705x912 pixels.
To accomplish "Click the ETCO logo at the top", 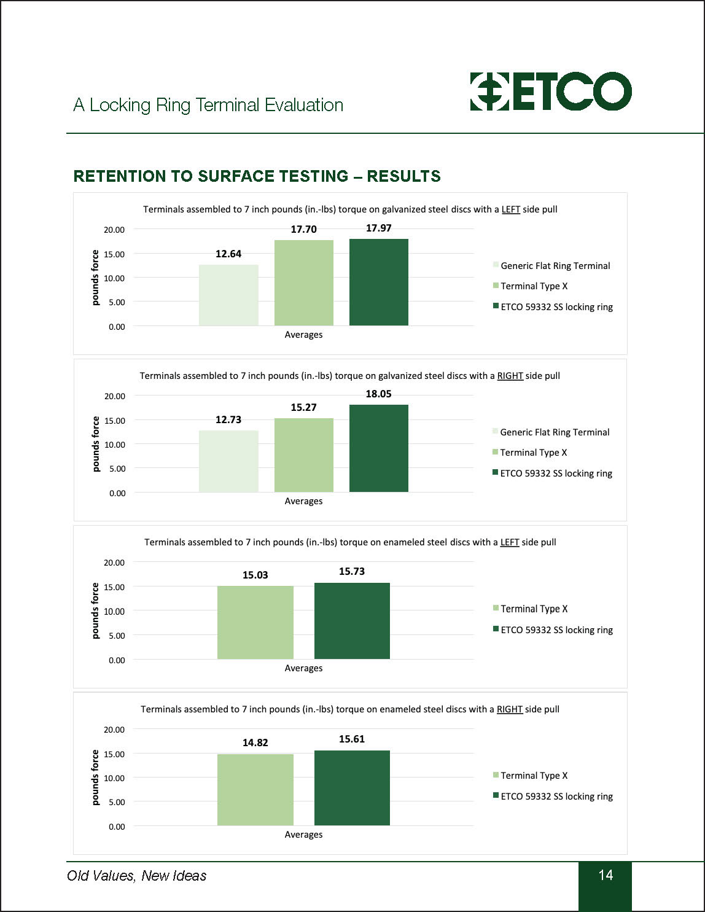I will coord(550,92).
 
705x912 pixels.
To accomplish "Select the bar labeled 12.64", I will coord(228,295).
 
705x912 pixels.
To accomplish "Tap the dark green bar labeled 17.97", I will coord(378,283).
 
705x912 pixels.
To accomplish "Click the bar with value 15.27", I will coord(303,455).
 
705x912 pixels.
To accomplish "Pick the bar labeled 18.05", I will coord(378,448).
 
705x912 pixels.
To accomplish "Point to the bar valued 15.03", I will coord(255,623).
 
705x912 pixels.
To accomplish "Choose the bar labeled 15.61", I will coord(352,788).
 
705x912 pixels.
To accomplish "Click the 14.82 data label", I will coord(255,742).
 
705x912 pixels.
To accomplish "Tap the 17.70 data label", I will coord(303,229).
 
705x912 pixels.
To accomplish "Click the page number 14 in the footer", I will coord(606,875).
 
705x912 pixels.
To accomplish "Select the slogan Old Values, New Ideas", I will coord(136,876).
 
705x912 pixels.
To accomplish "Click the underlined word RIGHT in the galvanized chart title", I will coord(510,376).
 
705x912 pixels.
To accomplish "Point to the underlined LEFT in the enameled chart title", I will coord(510,542).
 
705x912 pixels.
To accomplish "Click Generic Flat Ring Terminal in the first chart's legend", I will coord(555,266).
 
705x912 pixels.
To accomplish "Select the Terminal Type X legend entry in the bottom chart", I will coord(534,776).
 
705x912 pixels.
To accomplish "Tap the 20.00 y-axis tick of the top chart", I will coord(114,230).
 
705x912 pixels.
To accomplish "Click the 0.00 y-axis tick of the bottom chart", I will coord(117,827).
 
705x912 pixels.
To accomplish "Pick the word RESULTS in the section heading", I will coord(403,176).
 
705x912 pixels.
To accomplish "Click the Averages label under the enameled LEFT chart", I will coord(303,668).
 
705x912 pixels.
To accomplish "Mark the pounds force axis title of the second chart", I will coord(96,444).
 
